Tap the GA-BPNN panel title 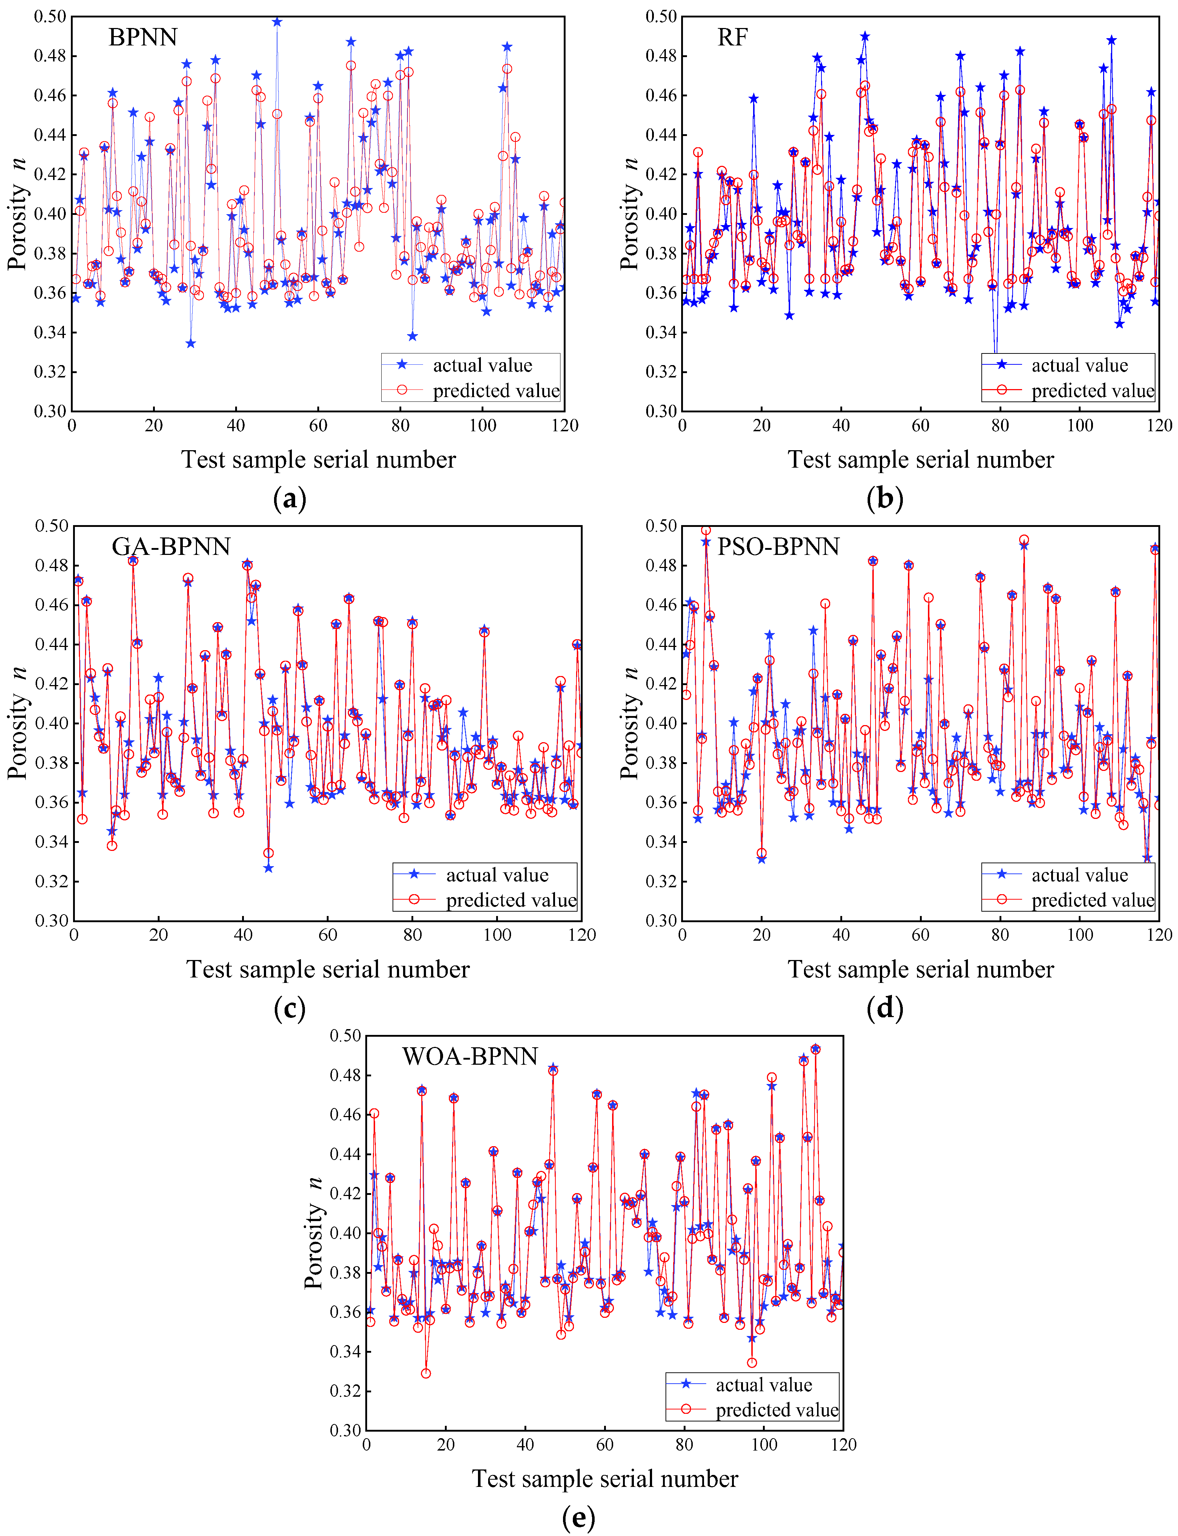point(171,547)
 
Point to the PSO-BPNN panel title point(778,547)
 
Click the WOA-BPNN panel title point(470,1056)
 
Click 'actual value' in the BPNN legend point(482,365)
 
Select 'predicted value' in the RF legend point(1093,391)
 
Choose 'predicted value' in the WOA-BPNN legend point(777,1410)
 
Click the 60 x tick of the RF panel point(921,426)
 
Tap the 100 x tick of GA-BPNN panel point(497,935)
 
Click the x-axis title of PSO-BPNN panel point(921,969)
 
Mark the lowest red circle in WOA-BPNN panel point(426,1373)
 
